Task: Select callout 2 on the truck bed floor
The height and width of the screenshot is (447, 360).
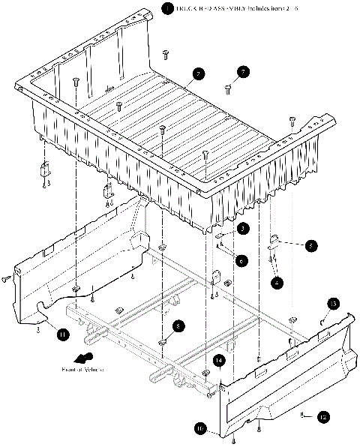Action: [x=198, y=73]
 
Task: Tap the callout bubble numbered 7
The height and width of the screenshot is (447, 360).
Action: [x=244, y=73]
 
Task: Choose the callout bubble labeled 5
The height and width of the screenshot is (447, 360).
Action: [x=310, y=244]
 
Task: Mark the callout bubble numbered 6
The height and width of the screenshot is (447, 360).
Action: [x=241, y=260]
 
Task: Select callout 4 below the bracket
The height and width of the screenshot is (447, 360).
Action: [x=278, y=283]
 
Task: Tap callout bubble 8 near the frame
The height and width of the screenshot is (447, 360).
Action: [x=177, y=326]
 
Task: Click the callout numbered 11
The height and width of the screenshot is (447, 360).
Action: [x=64, y=334]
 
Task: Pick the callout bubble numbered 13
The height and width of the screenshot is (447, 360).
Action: [x=334, y=303]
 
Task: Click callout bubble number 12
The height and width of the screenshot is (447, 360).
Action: [x=323, y=415]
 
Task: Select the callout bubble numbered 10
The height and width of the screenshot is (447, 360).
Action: [x=200, y=429]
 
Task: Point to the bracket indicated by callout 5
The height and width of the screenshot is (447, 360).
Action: [x=274, y=241]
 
